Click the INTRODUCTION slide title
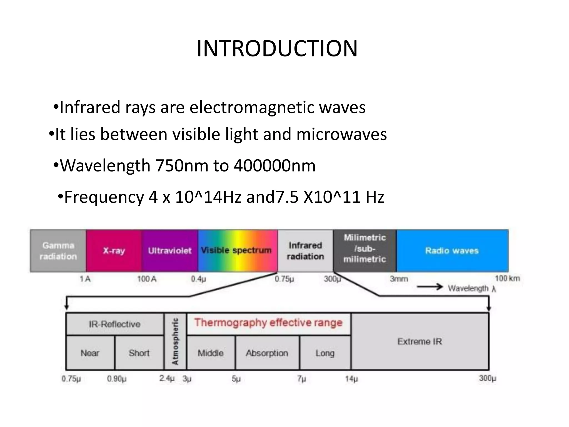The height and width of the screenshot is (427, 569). pos(277,49)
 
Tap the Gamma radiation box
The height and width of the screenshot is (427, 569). pos(58,251)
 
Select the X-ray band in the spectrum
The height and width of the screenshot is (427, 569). pos(114,251)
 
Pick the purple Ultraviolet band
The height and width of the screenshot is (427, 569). pos(170,251)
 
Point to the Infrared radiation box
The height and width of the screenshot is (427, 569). pos(305,251)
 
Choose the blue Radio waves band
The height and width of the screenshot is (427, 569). pos(452,251)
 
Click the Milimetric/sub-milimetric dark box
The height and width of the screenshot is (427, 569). pos(365,249)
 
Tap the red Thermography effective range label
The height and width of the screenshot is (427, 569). pos(268,323)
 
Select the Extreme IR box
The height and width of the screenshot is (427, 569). pos(420,341)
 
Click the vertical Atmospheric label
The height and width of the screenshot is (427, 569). pos(175,341)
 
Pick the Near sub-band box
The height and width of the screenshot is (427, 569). pos(90,353)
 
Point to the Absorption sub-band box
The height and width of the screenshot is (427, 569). pos(267,353)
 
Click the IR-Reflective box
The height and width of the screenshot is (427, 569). pos(114,324)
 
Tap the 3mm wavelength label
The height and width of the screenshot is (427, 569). pos(399,279)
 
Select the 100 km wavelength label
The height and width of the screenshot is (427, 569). pos(507,278)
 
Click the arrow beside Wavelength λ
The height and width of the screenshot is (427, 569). pos(430,287)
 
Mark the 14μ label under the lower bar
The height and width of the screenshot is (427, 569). pos(351,379)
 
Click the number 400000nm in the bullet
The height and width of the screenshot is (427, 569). pos(274,166)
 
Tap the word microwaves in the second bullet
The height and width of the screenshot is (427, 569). pos(341,134)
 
